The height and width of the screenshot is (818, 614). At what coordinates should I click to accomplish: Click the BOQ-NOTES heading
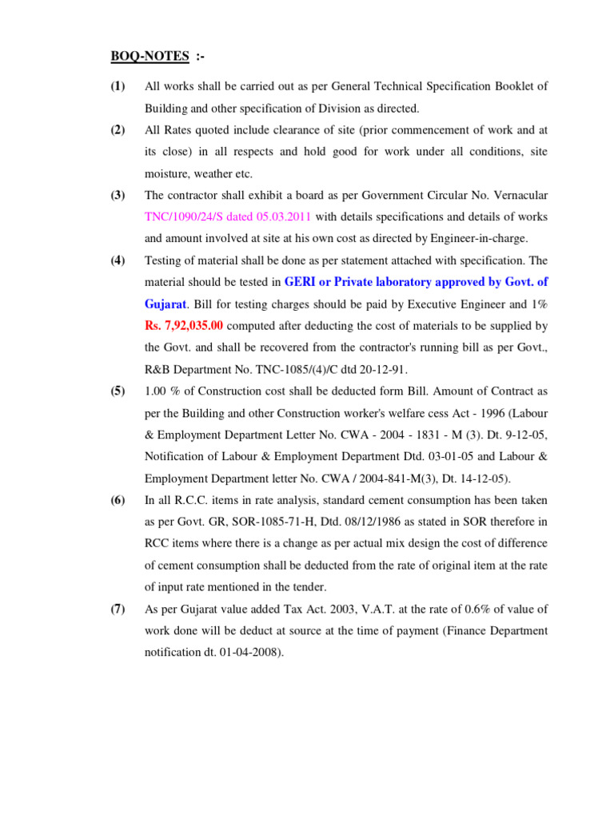tap(150, 57)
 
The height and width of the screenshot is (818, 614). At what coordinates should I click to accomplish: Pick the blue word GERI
tap(302, 282)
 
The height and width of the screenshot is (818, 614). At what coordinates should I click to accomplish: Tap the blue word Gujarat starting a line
tap(165, 304)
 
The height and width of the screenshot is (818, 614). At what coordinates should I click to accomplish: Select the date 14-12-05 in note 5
tap(480, 478)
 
